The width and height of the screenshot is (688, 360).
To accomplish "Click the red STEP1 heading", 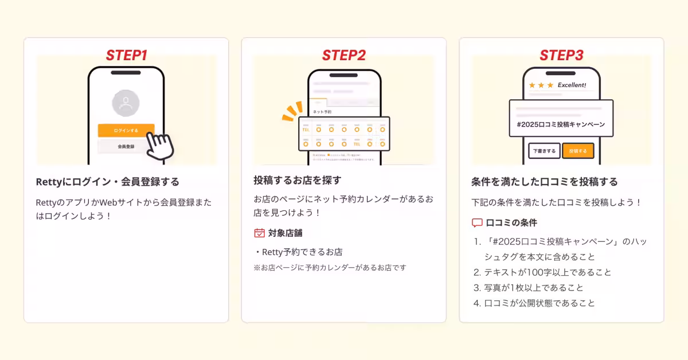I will point(126,56).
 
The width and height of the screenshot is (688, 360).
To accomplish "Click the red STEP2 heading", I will point(343,56).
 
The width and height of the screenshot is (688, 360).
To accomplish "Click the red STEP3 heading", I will point(561,56).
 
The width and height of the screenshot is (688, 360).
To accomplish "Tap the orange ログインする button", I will point(126,131).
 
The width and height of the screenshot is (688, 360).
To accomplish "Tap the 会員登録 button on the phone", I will point(126,147).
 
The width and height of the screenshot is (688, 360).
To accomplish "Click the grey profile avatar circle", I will point(126,104).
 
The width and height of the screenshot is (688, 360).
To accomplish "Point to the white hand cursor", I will point(158,146).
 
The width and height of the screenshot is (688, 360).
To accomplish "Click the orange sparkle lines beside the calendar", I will point(292,111).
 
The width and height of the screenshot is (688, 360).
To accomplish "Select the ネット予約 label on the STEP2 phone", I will point(322,111).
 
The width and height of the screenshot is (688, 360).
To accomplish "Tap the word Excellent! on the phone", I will point(572,85).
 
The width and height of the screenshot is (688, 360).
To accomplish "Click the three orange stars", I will point(541,85).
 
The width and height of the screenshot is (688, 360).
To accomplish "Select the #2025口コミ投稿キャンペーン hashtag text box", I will point(561,124).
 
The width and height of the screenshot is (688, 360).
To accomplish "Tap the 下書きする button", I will point(544,151).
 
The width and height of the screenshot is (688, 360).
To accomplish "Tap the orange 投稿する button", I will point(577,151).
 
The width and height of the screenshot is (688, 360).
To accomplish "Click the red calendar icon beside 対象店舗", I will point(259,233).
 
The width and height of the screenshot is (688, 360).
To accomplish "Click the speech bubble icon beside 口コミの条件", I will point(477,223).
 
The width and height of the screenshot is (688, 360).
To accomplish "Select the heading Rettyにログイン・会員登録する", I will point(107,182).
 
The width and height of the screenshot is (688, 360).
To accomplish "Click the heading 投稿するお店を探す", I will point(298,180).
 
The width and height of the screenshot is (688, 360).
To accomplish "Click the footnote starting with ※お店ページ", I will point(330,268).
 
